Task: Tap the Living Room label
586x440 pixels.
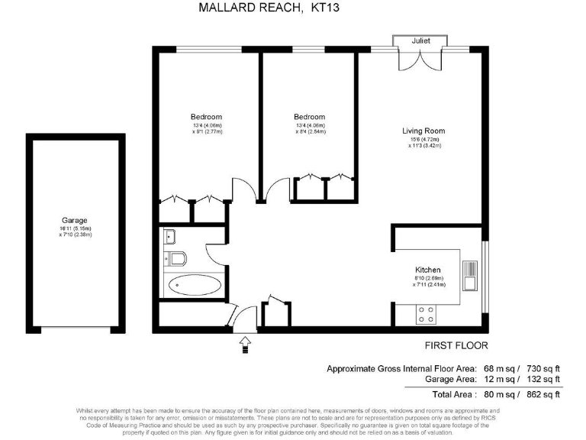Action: [x=423, y=131]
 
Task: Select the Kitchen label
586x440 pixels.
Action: [x=428, y=270]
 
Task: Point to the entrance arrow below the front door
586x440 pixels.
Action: [x=246, y=345]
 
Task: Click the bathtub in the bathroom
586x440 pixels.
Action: [x=195, y=286]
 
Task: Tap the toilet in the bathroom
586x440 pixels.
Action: [x=175, y=258]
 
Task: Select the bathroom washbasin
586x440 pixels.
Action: [x=169, y=237]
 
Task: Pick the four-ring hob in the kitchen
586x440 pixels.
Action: [x=425, y=313]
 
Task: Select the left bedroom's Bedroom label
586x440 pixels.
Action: [x=206, y=117]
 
